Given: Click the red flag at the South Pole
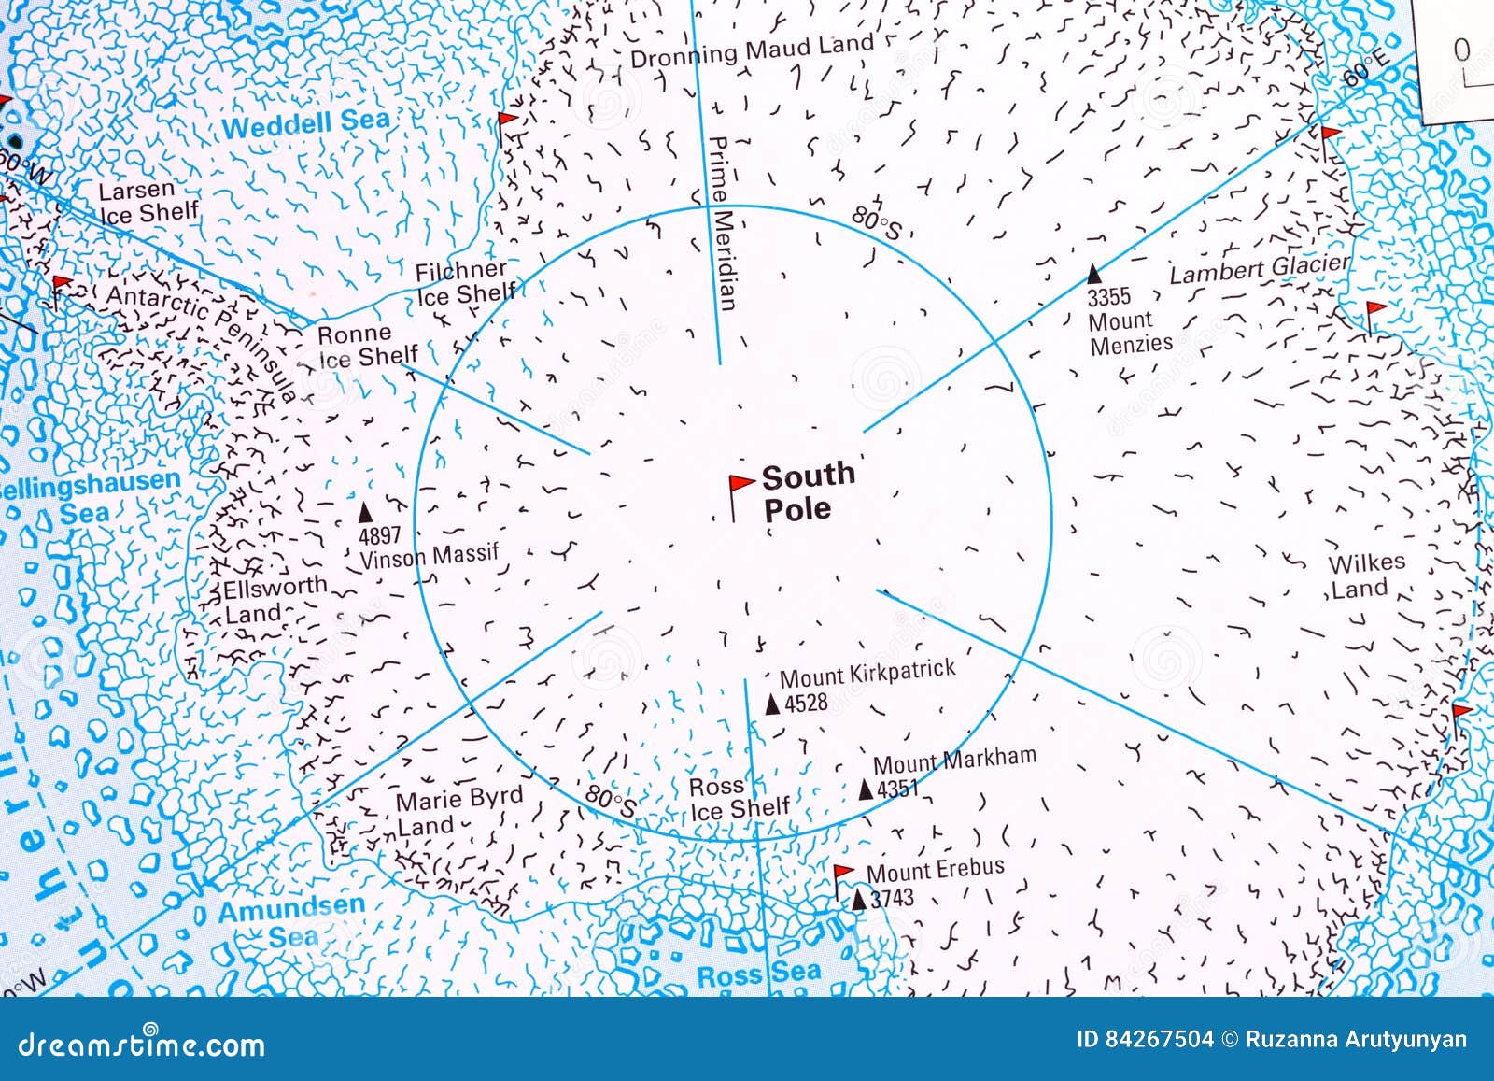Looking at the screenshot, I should (x=740, y=485).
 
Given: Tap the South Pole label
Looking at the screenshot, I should (x=807, y=491).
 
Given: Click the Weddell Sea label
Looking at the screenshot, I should (x=305, y=123).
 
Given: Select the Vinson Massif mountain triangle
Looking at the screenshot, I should (x=366, y=513).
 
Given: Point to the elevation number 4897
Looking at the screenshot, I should (x=379, y=535).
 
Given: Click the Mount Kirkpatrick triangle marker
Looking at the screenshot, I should (x=772, y=704).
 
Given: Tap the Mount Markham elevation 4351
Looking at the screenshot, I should (x=898, y=789).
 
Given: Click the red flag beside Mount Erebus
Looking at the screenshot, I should (x=842, y=874).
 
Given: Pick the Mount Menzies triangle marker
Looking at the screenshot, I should (x=1094, y=274).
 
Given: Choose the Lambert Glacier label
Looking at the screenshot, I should (x=1260, y=269).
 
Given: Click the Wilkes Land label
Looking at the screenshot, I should (x=1366, y=576).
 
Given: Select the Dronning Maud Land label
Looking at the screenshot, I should (x=752, y=50).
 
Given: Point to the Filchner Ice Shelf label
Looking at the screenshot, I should (x=464, y=282).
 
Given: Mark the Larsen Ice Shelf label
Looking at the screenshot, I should (x=148, y=202).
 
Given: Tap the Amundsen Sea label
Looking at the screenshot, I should (x=291, y=921).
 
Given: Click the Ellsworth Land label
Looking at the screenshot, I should (x=275, y=599).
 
